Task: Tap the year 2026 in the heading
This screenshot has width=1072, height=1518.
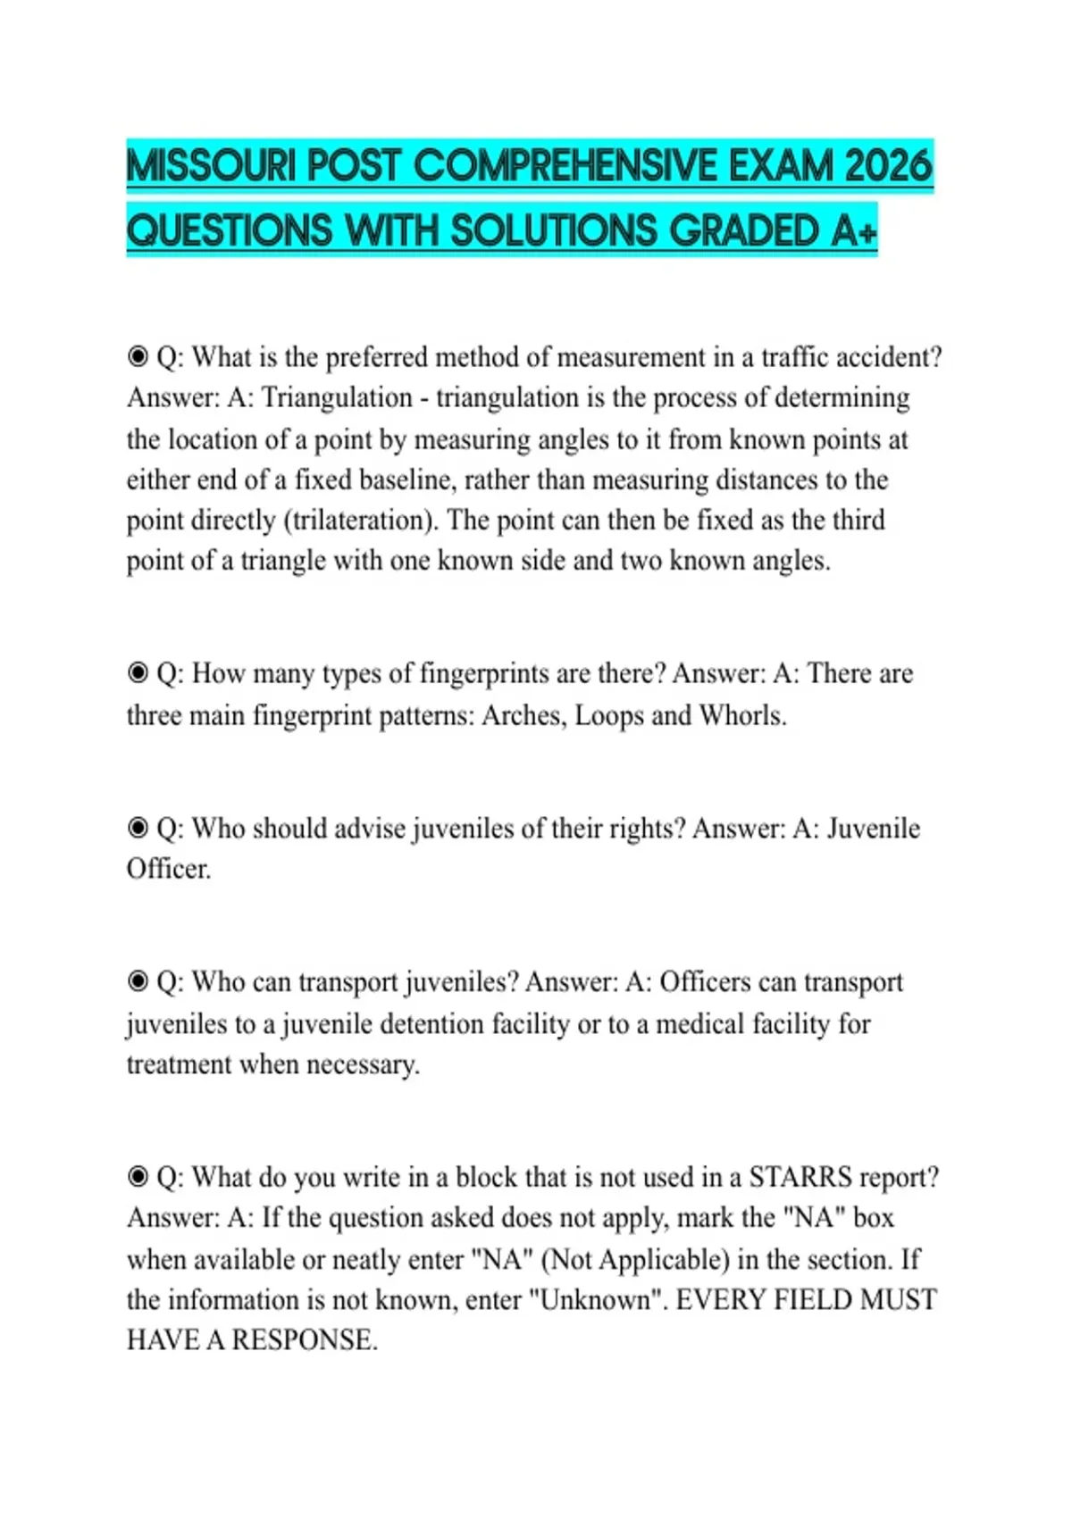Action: (x=887, y=166)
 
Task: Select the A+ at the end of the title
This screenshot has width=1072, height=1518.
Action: (x=854, y=231)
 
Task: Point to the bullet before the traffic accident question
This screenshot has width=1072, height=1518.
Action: (x=138, y=357)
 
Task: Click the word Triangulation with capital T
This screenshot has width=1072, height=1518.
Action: (x=337, y=397)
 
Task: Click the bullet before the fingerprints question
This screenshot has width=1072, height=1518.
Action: (x=138, y=673)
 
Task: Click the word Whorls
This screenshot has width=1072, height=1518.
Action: (x=742, y=715)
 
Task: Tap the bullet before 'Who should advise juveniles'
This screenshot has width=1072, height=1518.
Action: (x=138, y=829)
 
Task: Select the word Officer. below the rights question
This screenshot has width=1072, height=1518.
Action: (x=169, y=869)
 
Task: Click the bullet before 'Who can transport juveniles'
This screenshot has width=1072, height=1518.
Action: (x=138, y=982)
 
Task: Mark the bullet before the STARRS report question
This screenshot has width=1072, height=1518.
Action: (x=138, y=1177)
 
